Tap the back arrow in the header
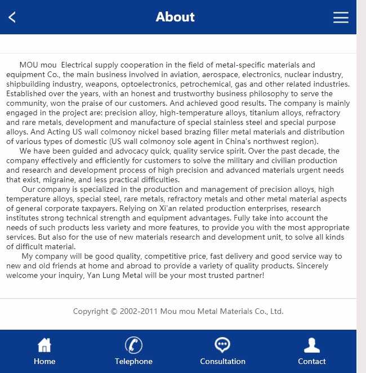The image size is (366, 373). click(12, 17)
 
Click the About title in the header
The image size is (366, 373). click(175, 17)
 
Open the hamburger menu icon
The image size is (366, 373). click(341, 17)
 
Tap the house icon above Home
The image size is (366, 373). click(44, 345)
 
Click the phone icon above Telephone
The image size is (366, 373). click(133, 345)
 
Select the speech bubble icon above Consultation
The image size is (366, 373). click(222, 345)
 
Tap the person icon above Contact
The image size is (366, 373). click(311, 345)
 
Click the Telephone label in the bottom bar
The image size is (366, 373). click(133, 361)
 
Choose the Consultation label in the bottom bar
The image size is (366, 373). click(222, 361)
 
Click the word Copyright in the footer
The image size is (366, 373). click(90, 311)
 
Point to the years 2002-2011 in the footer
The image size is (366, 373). click(139, 311)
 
